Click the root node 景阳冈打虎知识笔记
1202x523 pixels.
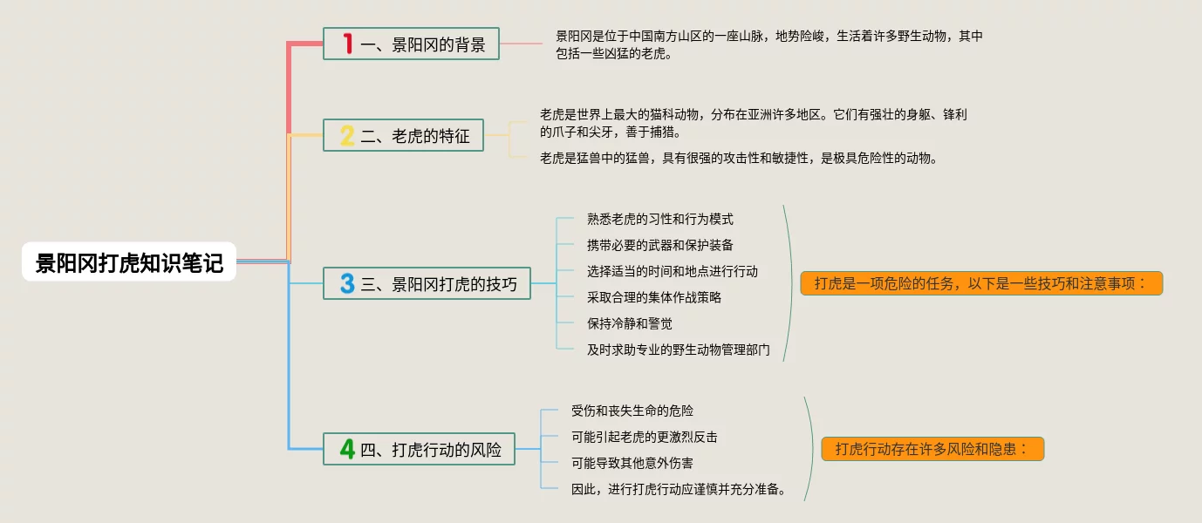click(x=129, y=261)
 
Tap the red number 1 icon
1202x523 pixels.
click(x=347, y=44)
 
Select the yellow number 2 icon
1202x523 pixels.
click(x=347, y=135)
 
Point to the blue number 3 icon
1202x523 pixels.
click(x=347, y=283)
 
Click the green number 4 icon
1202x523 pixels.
click(x=347, y=449)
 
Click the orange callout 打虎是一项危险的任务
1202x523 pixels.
click(x=981, y=283)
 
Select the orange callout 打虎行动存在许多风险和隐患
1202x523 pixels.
click(x=932, y=449)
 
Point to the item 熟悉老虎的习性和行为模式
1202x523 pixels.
click(x=660, y=219)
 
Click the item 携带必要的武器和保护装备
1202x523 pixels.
click(x=660, y=245)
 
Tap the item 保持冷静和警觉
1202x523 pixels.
click(x=630, y=323)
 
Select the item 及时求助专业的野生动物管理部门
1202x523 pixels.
click(x=679, y=350)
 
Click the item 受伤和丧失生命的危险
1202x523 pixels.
click(x=632, y=411)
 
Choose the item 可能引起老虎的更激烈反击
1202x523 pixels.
click(x=645, y=437)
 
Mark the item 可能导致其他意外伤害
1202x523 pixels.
click(x=632, y=463)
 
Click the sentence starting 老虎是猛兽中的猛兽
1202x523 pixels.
click(x=738, y=158)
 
